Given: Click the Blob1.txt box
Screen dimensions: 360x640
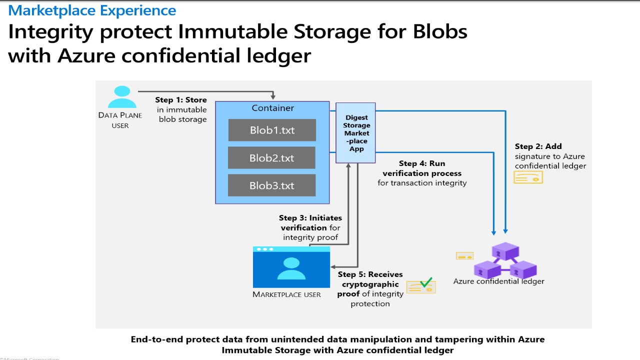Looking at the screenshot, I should (x=272, y=130).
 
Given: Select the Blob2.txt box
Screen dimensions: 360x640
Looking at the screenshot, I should (x=271, y=158).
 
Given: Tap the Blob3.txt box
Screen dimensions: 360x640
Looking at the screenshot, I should (x=271, y=185).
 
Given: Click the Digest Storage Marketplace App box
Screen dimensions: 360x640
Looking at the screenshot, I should (x=356, y=133).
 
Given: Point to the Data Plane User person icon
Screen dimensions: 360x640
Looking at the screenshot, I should (x=121, y=97).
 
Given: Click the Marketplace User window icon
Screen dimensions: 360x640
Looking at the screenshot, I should (x=291, y=267).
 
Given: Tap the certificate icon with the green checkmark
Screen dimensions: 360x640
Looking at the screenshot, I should (x=421, y=286).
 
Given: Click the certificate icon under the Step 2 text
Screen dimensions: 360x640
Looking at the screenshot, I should (x=528, y=177).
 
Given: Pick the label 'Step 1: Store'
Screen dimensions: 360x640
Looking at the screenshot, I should (x=181, y=100).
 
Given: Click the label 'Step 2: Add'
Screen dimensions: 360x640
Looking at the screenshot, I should (x=538, y=146).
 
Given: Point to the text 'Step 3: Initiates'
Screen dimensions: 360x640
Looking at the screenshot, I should (x=310, y=218).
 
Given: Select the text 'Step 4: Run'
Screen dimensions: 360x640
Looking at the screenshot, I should (x=422, y=163).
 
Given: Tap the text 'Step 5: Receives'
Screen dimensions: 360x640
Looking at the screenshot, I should (x=370, y=274).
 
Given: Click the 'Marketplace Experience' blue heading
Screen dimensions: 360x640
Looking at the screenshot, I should (x=92, y=10).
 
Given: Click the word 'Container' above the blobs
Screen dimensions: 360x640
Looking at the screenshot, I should (x=272, y=108).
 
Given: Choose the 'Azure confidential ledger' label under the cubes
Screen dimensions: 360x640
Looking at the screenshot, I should (x=498, y=281).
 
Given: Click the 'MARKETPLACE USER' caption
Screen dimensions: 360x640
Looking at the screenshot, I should (x=286, y=294).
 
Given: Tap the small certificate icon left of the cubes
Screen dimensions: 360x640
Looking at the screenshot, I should (x=464, y=256).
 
